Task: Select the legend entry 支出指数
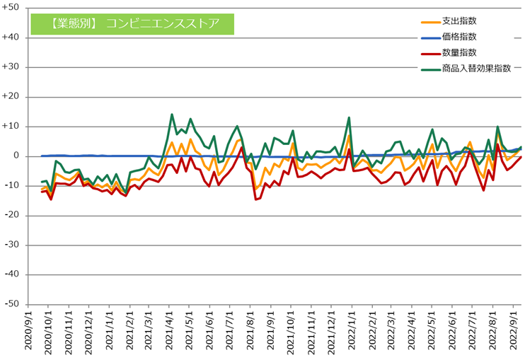pos(456,21)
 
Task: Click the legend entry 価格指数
pos(456,37)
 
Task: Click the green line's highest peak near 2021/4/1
pos(172,115)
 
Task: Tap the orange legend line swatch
pos(429,21)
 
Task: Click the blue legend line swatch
pos(429,37)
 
